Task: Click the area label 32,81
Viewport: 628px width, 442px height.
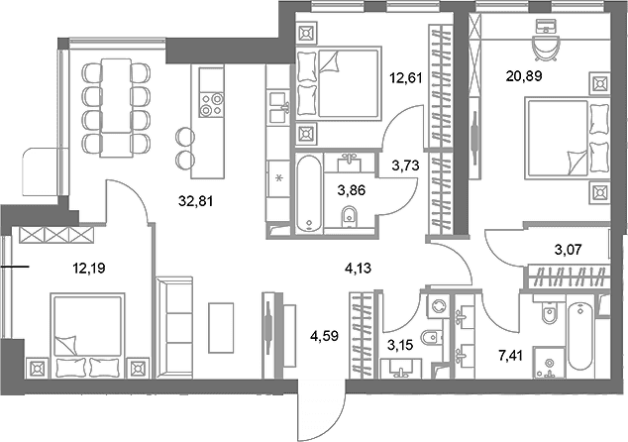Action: pyautogui.click(x=195, y=201)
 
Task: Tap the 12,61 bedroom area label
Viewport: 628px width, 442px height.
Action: pyautogui.click(x=406, y=77)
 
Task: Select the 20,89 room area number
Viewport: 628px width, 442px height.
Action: pyautogui.click(x=524, y=75)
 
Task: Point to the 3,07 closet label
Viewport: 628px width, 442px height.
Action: pyautogui.click(x=568, y=250)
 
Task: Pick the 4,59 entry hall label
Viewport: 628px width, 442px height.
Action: pyautogui.click(x=325, y=336)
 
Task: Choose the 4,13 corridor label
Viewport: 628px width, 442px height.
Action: pyautogui.click(x=358, y=268)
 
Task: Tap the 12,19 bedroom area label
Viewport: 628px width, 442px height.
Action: pyautogui.click(x=88, y=268)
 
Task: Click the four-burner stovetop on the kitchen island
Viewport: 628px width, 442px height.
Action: pyautogui.click(x=211, y=104)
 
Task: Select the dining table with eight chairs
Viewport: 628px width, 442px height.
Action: pyautogui.click(x=117, y=107)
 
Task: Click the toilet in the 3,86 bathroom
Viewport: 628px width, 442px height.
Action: pyautogui.click(x=350, y=217)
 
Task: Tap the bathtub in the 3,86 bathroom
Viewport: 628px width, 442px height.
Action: pyautogui.click(x=308, y=193)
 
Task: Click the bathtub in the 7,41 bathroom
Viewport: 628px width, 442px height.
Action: pyautogui.click(x=579, y=336)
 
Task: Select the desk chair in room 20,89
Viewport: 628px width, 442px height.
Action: pyautogui.click(x=545, y=48)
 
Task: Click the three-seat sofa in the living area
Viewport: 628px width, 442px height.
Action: pyautogui.click(x=174, y=327)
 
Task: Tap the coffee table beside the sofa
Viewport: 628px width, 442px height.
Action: pyautogui.click(x=221, y=328)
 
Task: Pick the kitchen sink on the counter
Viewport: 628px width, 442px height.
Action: pyautogui.click(x=279, y=107)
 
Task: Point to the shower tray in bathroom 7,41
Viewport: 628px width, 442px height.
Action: pyautogui.click(x=549, y=363)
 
